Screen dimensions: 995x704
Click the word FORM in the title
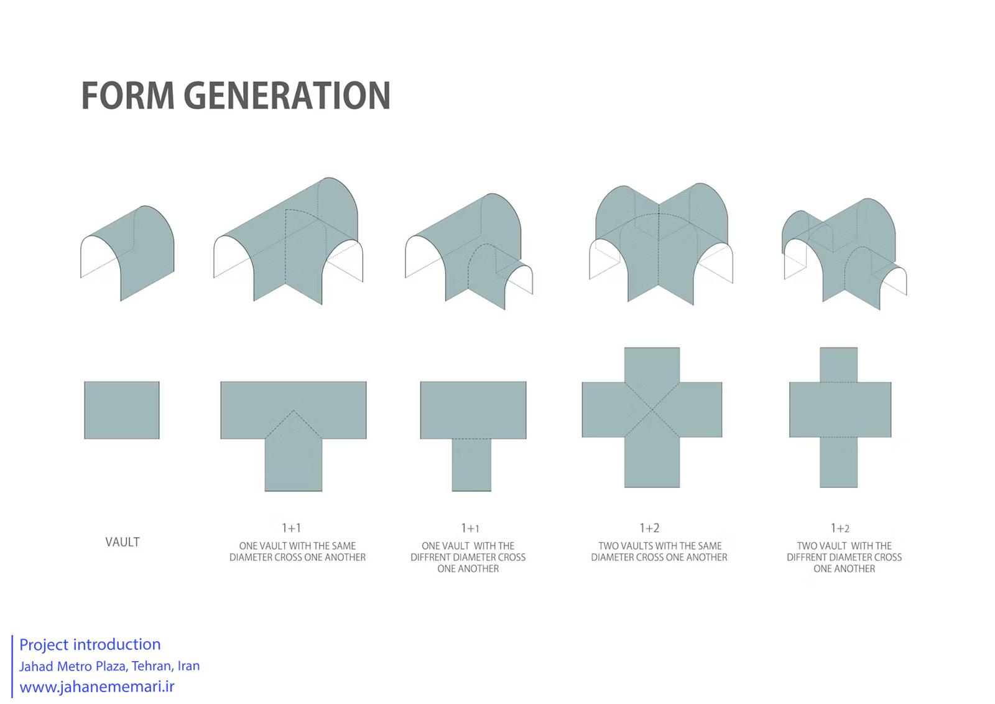pos(128,96)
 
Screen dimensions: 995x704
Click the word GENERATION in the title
pos(287,96)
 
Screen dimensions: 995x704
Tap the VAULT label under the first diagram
pos(123,542)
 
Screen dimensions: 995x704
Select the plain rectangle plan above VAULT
pos(122,410)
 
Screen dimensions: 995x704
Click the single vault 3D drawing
pos(127,253)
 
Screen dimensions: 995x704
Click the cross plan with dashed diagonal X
pos(652,417)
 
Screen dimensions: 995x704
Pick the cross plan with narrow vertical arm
pos(840,417)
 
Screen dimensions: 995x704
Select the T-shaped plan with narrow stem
pos(473,436)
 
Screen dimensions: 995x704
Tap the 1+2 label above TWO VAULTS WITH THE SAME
pos(649,528)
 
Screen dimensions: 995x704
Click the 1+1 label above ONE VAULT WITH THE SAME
pos(292,528)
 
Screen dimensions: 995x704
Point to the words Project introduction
pos(90,644)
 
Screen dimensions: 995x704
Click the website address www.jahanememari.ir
pos(97,687)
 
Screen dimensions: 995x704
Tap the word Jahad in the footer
pos(37,666)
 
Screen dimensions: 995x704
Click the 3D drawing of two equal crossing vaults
pos(661,244)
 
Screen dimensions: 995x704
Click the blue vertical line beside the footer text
pos(12,666)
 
